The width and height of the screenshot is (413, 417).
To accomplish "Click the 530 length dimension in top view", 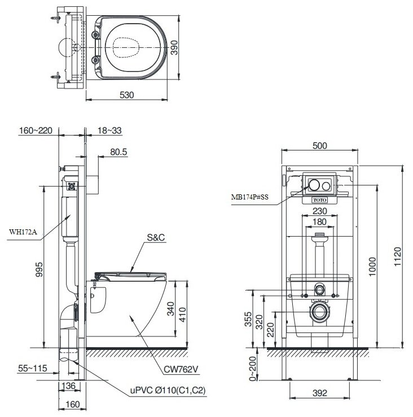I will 126,95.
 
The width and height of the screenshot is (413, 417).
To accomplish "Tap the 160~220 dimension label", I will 36,131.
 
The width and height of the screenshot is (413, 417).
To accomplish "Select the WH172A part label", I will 22,230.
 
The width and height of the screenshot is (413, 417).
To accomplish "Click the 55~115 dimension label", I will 32,369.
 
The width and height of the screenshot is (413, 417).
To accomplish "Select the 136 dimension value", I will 68,385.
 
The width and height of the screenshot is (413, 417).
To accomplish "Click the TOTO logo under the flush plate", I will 319,200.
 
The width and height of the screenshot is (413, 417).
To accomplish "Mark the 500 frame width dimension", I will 319,145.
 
